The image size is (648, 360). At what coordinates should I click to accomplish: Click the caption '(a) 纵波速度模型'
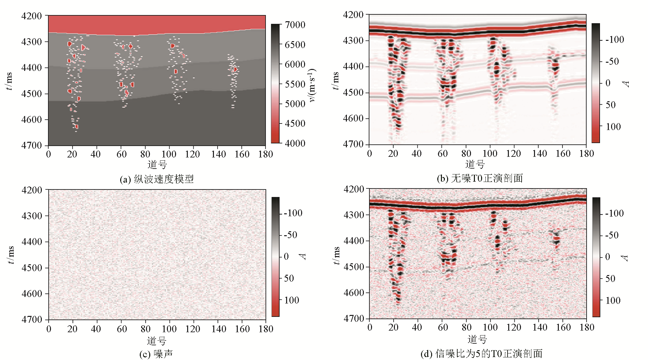tap(156, 179)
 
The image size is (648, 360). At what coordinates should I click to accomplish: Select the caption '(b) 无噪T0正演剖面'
tap(480, 178)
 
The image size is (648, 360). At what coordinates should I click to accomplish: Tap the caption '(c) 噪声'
tap(156, 354)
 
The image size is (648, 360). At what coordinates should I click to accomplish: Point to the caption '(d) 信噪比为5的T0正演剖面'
tap(481, 353)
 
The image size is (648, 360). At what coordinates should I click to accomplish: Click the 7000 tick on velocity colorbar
tap(295, 25)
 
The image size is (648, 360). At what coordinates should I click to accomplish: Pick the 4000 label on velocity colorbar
tap(295, 143)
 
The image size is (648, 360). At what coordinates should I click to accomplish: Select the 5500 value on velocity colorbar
tap(295, 84)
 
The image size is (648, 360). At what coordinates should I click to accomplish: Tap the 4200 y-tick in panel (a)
tap(32, 16)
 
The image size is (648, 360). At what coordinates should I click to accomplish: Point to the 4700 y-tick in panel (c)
tap(32, 319)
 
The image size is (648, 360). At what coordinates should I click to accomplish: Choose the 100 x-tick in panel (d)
tap(490, 327)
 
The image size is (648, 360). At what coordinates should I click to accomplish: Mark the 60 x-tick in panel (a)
tap(121, 154)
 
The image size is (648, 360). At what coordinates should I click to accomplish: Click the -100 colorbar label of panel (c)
tap(293, 213)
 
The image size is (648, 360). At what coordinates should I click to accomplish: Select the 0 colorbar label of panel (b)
tap(608, 83)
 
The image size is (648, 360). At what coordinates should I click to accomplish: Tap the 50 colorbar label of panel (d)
tap(610, 279)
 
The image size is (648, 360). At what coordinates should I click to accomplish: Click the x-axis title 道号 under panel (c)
tap(156, 341)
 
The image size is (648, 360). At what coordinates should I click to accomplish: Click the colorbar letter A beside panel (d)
tap(625, 258)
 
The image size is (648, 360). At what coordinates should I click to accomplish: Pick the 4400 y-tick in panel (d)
tap(354, 241)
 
